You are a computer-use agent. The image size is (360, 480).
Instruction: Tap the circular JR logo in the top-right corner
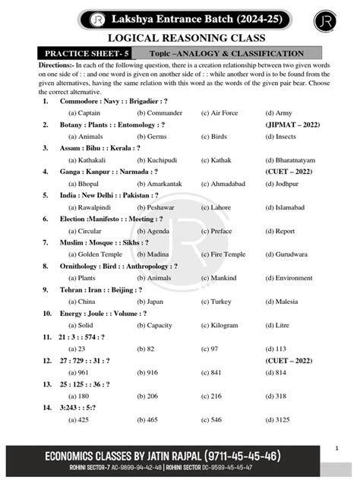click(325, 20)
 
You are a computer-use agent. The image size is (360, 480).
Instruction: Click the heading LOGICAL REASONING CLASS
click(180, 38)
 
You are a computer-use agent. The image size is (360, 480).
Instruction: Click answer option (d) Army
click(280, 112)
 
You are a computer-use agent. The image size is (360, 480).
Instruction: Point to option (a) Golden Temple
click(93, 254)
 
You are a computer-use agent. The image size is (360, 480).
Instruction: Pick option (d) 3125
click(280, 419)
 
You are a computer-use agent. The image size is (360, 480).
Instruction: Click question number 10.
click(46, 313)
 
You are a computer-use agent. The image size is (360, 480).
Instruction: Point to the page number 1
click(336, 448)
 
